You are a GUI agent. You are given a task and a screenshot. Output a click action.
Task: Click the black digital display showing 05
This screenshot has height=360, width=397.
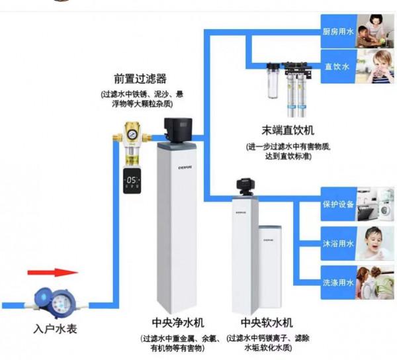132,181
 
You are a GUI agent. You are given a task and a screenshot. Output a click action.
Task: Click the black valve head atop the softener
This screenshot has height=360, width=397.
246,185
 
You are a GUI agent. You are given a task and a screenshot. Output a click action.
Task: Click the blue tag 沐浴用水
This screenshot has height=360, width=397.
337,243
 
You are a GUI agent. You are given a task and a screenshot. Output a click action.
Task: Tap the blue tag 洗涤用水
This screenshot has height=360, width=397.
337,282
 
